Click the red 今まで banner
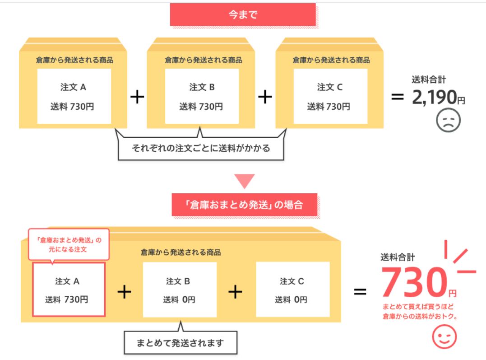click(x=243, y=14)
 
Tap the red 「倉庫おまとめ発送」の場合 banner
click(x=244, y=205)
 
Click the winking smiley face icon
click(x=444, y=337)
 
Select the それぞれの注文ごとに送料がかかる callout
click(x=201, y=148)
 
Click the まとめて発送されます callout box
click(x=180, y=342)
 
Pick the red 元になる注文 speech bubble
click(x=69, y=244)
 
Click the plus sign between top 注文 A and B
click(x=137, y=97)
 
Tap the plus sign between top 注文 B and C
click(x=265, y=97)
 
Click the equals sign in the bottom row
click(x=360, y=292)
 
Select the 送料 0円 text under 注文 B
click(x=179, y=299)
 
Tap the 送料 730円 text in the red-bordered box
click(x=67, y=299)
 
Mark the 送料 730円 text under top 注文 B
click(x=201, y=107)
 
